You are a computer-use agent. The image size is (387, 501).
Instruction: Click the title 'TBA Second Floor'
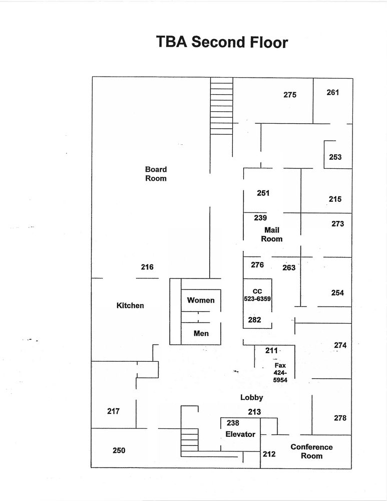(x=222, y=42)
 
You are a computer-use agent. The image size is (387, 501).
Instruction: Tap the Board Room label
(x=156, y=174)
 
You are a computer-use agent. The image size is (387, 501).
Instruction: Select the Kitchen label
(x=130, y=305)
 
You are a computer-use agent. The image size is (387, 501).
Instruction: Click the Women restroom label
(x=201, y=300)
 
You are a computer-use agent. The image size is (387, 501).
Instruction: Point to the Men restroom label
(x=201, y=333)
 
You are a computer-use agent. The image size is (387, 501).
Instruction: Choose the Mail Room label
(x=272, y=234)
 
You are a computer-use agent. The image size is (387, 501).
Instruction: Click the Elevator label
(x=240, y=434)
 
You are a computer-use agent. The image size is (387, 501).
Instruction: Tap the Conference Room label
(x=311, y=451)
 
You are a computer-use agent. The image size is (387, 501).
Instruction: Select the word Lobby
(x=251, y=397)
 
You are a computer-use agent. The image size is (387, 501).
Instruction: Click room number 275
(x=290, y=95)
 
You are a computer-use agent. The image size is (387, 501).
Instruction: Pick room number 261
(x=333, y=92)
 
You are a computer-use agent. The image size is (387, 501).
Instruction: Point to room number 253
(x=335, y=157)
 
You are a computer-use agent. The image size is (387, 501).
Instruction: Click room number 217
(x=114, y=411)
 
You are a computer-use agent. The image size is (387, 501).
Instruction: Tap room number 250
(x=119, y=450)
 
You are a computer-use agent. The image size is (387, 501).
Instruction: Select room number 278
(x=340, y=418)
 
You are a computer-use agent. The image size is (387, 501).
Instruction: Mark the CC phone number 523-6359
(x=257, y=299)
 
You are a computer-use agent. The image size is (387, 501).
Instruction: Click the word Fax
(x=280, y=365)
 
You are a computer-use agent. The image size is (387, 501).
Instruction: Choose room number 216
(x=147, y=267)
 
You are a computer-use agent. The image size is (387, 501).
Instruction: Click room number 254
(x=337, y=293)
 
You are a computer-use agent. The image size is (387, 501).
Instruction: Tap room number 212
(x=269, y=454)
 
